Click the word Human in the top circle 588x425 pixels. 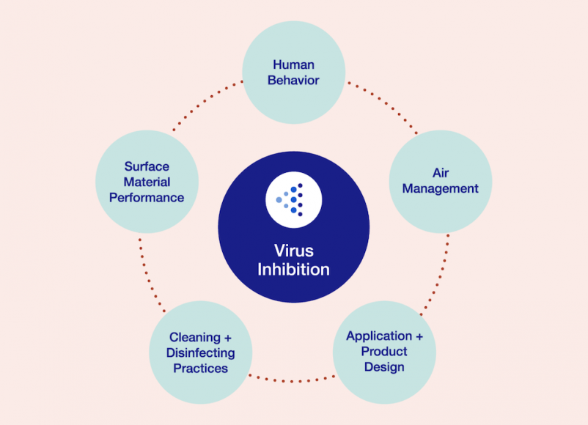[x=293, y=64]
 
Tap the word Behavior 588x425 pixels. [x=293, y=80]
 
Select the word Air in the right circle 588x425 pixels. [x=441, y=173]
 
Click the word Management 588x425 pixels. [x=441, y=188]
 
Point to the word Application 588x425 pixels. [x=379, y=336]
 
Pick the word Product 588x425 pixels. [x=383, y=352]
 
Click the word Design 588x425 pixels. [x=383, y=367]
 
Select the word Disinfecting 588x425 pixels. [x=200, y=353]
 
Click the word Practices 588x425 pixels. [x=200, y=369]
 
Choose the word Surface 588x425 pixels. [x=147, y=166]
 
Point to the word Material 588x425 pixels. [x=147, y=182]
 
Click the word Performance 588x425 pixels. [x=147, y=197]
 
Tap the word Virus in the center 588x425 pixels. [x=293, y=251]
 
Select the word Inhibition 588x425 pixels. [x=293, y=270]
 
